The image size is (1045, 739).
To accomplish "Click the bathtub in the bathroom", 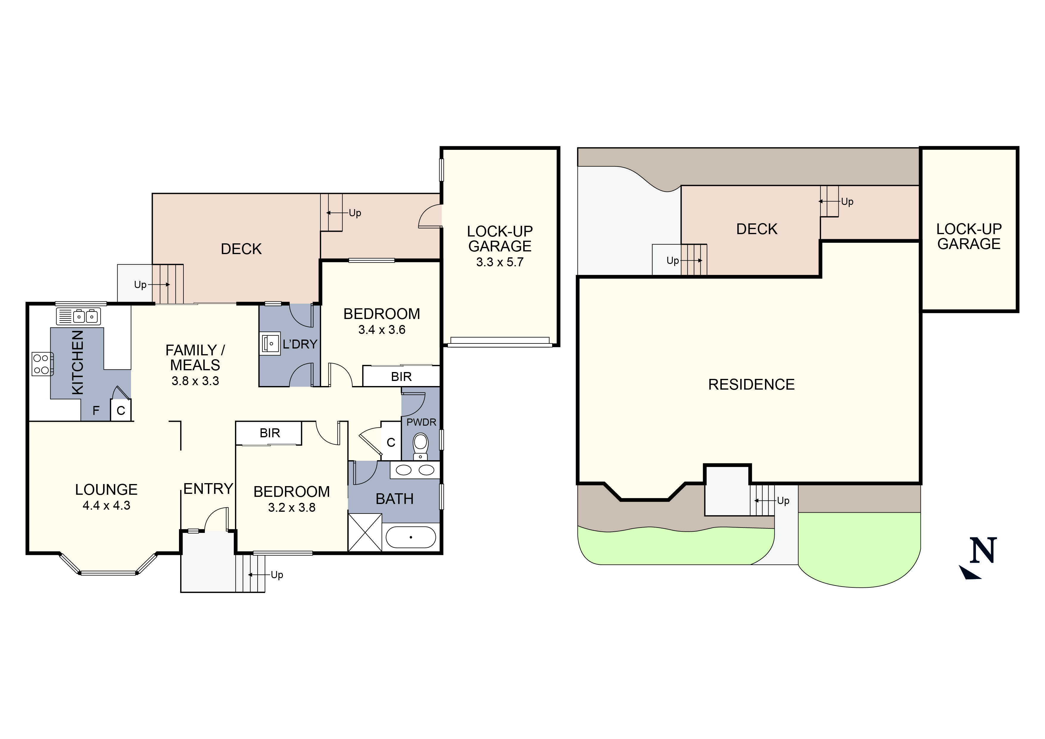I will point(411,537).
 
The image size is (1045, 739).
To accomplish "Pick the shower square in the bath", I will point(365,532).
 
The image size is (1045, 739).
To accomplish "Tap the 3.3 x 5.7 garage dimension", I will point(499,262).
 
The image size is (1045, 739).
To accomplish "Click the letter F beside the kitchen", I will point(96,411).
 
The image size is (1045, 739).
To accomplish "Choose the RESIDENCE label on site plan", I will point(751,385).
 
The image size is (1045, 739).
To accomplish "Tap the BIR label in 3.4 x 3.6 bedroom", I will point(401,376).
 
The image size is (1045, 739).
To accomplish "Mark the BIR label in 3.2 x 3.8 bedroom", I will point(270,433).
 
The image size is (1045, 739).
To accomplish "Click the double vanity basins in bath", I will point(415,470).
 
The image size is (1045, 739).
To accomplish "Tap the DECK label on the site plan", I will point(756,229).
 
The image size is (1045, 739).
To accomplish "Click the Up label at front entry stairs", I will point(277,575).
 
